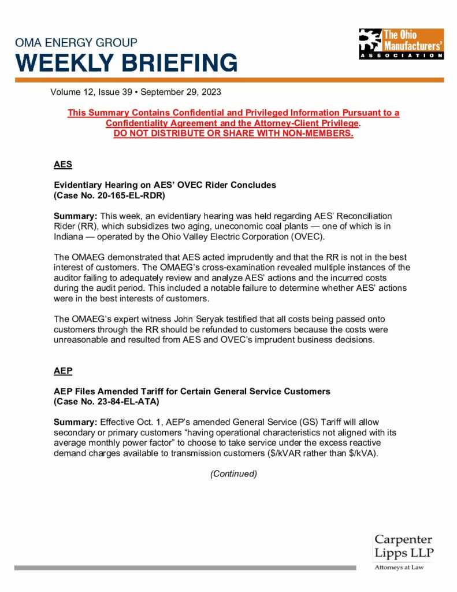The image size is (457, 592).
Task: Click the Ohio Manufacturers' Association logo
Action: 401,43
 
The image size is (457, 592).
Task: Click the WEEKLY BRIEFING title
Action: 126,62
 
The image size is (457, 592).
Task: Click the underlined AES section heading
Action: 63,164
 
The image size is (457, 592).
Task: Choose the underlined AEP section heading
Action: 63,371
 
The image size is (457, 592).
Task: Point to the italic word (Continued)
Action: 233,473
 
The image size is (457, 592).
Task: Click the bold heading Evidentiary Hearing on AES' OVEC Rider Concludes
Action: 165,185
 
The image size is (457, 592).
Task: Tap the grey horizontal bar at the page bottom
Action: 185,568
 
